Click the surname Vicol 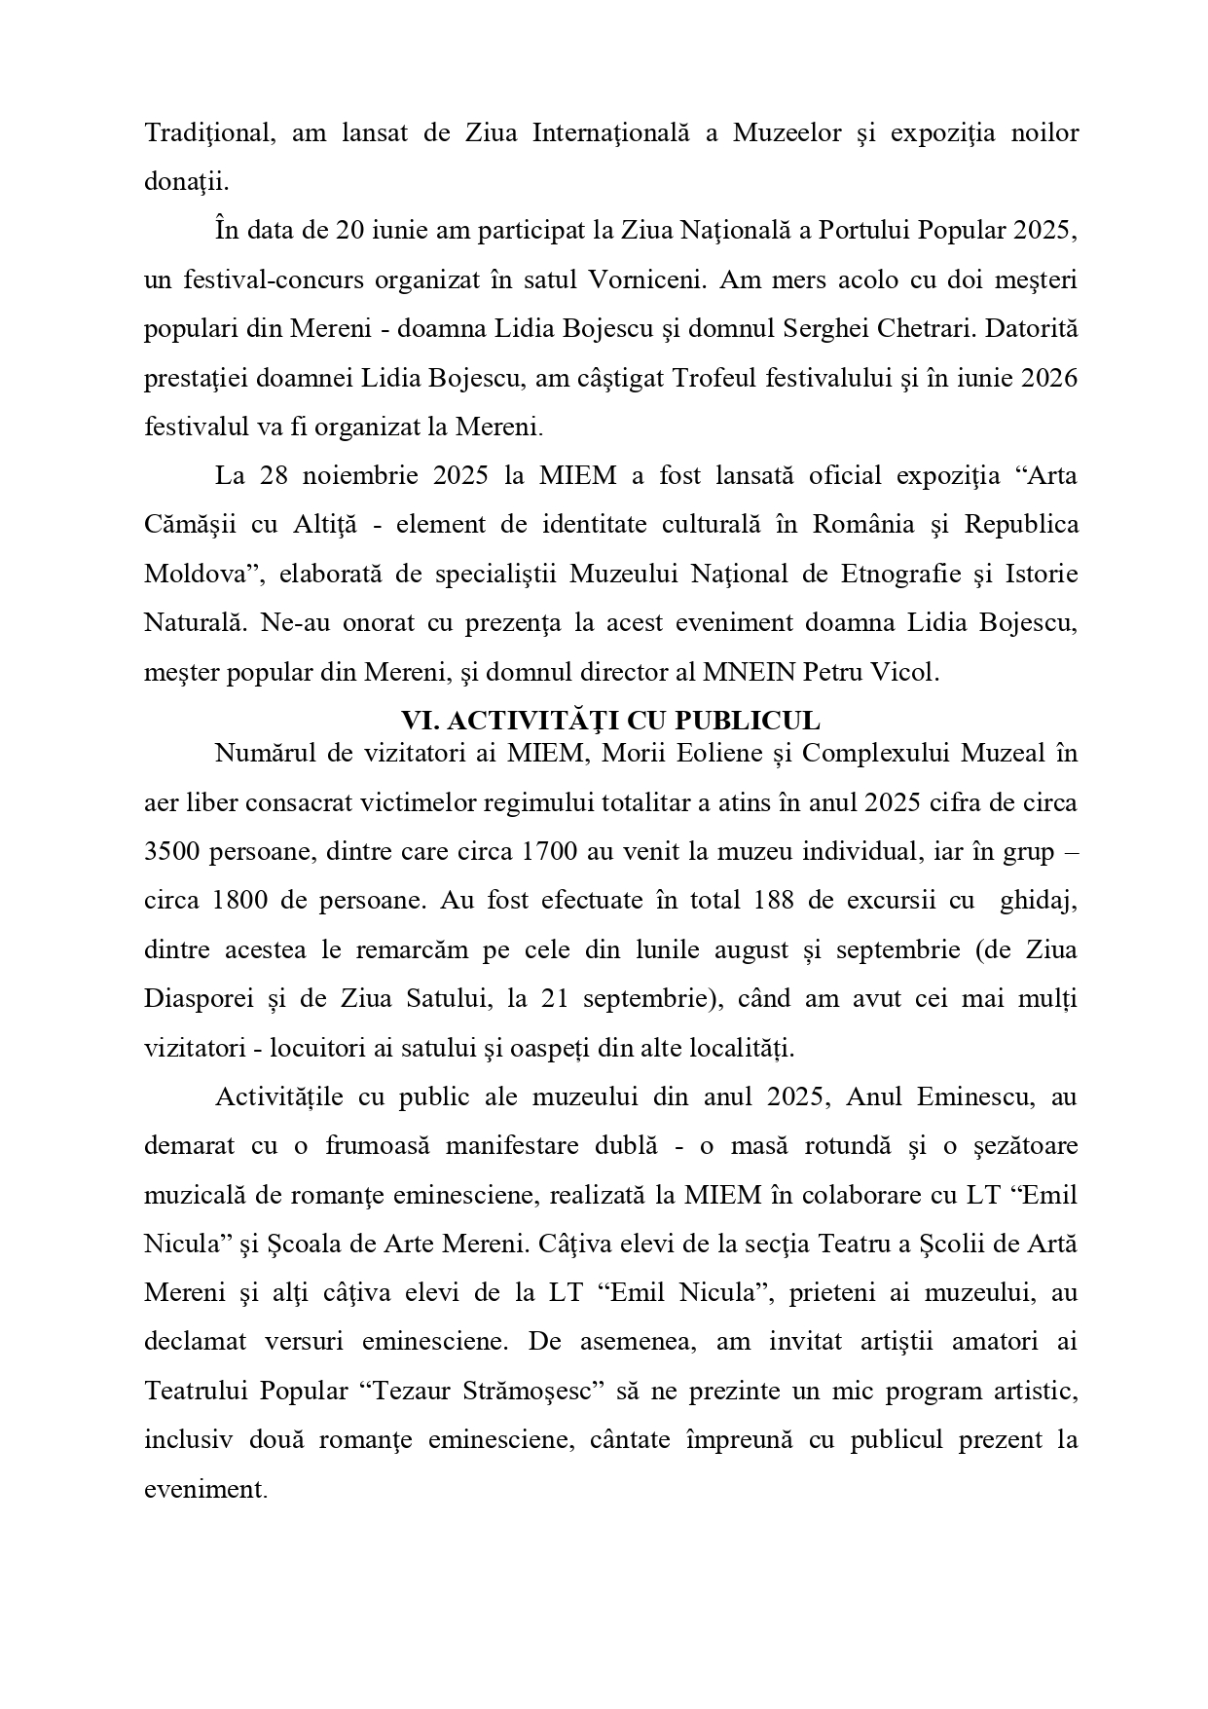pyautogui.click(x=912, y=673)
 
